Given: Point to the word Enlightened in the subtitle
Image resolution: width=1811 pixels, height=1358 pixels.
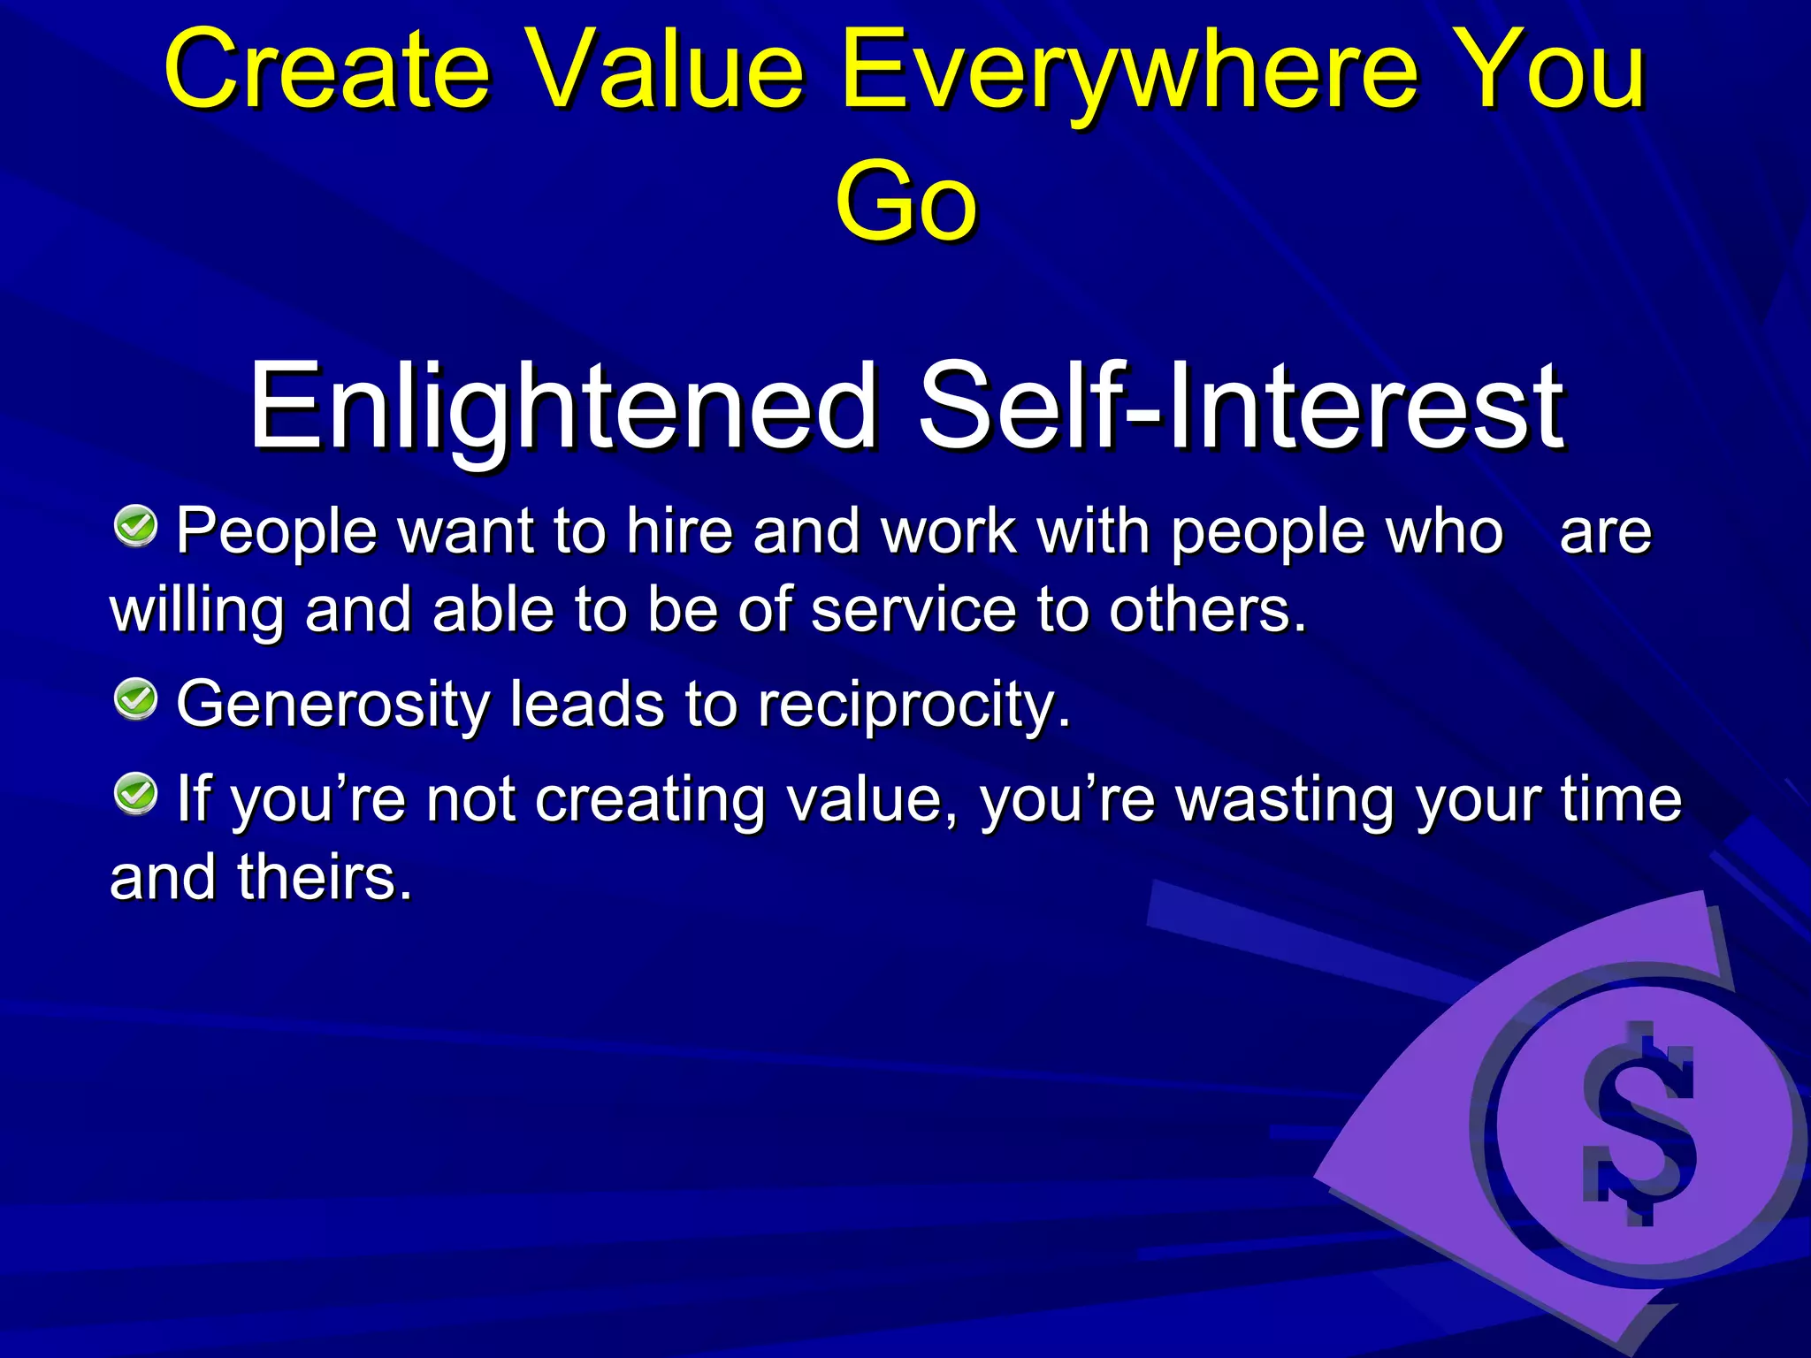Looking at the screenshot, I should [562, 407].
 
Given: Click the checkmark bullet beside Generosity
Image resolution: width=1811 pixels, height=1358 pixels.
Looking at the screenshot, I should [135, 699].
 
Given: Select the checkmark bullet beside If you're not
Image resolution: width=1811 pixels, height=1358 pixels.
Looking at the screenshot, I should [135, 793].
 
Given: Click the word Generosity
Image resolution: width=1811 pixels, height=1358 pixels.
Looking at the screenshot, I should [332, 706].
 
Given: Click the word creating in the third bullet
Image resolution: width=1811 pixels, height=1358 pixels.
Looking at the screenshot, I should [649, 800].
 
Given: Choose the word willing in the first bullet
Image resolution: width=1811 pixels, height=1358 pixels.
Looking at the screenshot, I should [196, 612].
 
